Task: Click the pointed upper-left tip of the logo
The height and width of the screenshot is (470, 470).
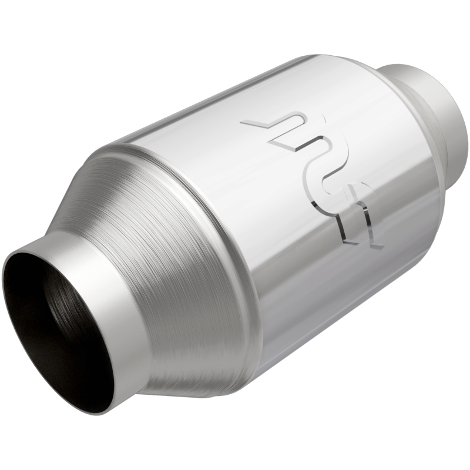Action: [244, 123]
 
